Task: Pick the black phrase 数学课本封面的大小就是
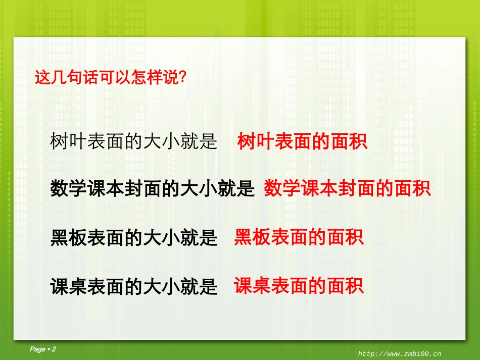[152, 189]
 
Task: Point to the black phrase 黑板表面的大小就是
[134, 237]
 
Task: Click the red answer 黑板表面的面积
[299, 237]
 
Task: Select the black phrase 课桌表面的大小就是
[134, 286]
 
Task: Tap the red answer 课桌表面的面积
[299, 286]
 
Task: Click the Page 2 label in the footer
[43, 349]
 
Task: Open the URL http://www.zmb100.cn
[400, 354]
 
